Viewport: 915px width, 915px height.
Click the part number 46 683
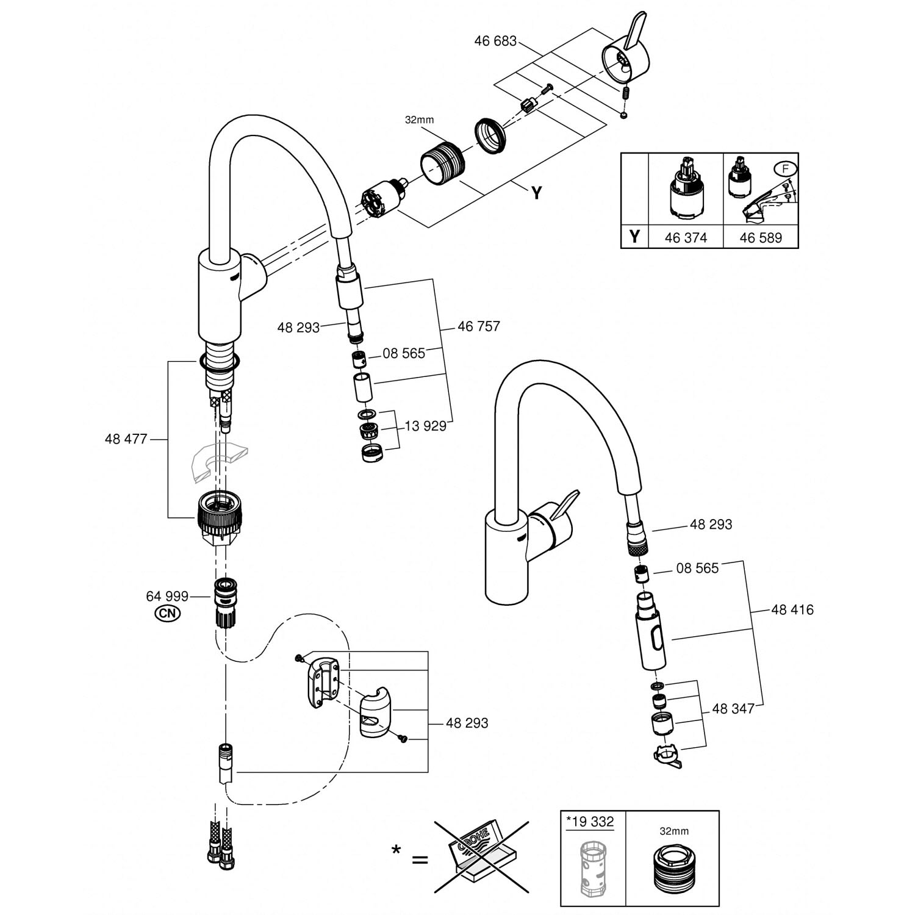495,41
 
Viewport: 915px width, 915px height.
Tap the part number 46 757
478,326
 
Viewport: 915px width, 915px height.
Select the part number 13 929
425,426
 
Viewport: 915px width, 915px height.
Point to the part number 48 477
126,439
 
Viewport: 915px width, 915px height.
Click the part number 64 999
167,596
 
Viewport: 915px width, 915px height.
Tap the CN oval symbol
167,614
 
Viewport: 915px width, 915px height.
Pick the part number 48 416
792,610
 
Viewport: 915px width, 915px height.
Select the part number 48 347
733,709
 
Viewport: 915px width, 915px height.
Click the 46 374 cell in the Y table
686,237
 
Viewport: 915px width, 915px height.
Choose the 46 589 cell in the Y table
760,237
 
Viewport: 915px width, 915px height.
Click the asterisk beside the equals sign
396,849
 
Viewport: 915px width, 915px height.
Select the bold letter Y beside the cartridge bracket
536,193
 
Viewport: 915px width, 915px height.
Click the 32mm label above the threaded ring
419,120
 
